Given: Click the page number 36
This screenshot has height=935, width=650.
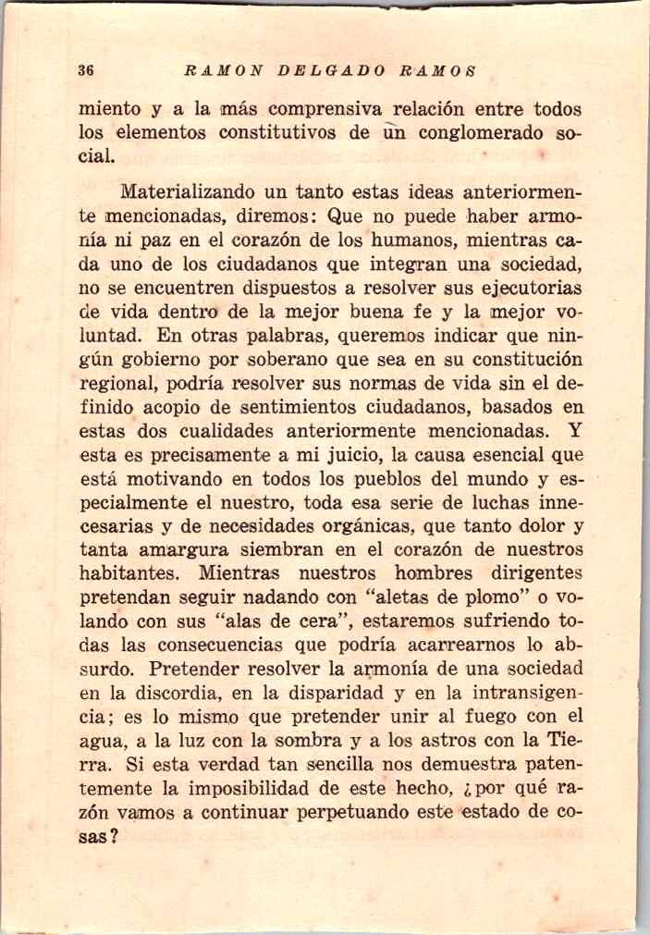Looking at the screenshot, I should pos(88,70).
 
